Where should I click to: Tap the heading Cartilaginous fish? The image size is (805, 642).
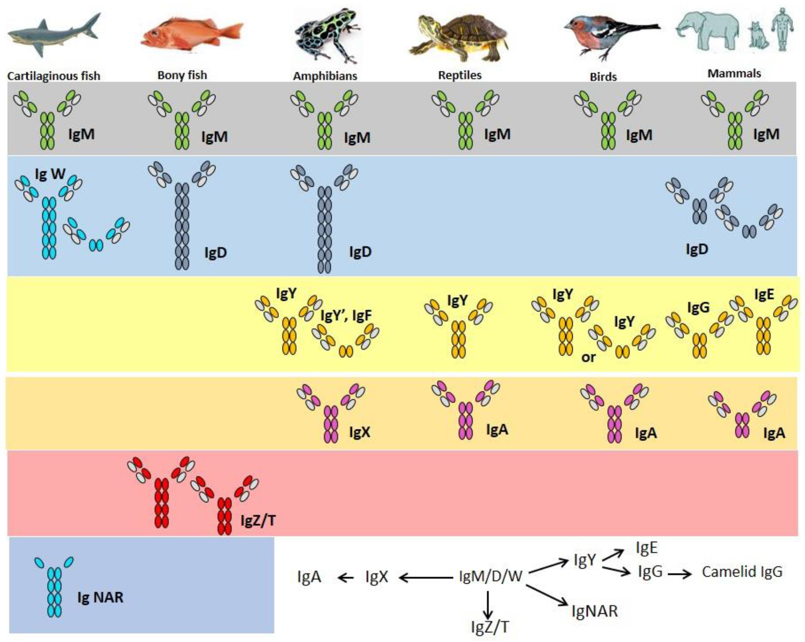pyautogui.click(x=54, y=76)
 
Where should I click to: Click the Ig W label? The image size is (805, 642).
pyautogui.click(x=50, y=174)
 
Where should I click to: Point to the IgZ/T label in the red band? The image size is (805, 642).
pyautogui.click(x=258, y=520)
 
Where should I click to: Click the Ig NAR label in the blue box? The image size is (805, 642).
pyautogui.click(x=100, y=597)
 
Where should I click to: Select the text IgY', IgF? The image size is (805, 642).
pyautogui.click(x=346, y=316)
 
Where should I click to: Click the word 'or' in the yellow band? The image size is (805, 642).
pyautogui.click(x=588, y=358)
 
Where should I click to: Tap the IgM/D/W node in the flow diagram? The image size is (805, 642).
pyautogui.click(x=490, y=576)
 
